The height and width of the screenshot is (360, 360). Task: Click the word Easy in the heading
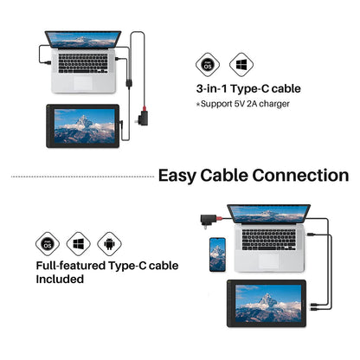point(177,176)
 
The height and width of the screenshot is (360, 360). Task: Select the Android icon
point(109,244)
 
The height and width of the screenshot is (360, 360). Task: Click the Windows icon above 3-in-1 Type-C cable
point(241,64)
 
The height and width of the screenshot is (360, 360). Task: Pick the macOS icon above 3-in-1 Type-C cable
point(208,64)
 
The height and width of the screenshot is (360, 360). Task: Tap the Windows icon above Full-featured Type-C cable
point(79,244)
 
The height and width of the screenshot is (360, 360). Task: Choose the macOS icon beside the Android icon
point(48,244)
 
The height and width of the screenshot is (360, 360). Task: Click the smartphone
point(217,254)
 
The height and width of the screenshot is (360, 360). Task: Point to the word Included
point(60,279)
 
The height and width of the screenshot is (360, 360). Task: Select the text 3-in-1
point(212,88)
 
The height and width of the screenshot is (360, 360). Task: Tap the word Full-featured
point(71,266)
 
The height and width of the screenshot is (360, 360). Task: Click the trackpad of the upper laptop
point(83,83)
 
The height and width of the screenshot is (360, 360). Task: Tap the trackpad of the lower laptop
point(269,261)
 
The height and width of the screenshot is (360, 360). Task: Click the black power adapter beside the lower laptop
point(209,220)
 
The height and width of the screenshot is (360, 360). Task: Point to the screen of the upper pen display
point(85,126)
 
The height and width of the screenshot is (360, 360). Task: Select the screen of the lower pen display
point(268,303)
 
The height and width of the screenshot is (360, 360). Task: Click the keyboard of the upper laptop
point(83,63)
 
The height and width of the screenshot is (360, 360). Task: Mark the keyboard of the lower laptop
point(269,240)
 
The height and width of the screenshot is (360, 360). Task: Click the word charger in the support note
point(274,104)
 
